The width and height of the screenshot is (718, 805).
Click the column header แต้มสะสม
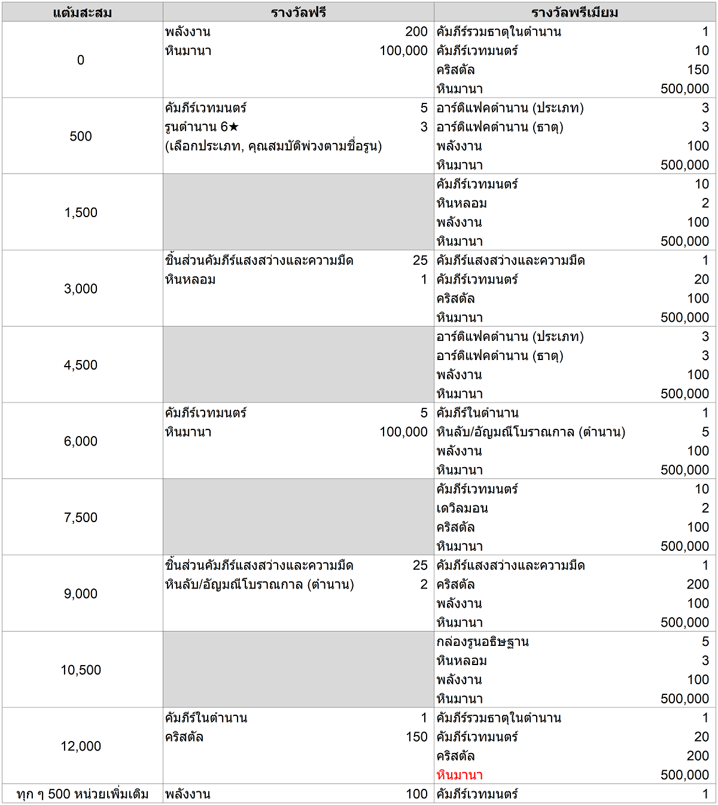coord(82,13)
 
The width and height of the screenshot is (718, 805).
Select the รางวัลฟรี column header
coord(298,13)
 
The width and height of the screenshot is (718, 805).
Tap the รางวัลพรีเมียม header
coord(574,13)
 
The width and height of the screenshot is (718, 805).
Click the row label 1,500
coord(81,212)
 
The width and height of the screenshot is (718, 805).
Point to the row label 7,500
coord(81,517)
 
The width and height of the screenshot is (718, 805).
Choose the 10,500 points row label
coord(81,670)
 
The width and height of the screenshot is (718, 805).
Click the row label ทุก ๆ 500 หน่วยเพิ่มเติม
coord(83,794)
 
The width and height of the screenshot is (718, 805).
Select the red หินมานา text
coord(460,775)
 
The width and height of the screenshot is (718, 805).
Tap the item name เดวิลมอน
coord(462,508)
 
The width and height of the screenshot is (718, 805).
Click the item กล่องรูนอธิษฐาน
coord(482,642)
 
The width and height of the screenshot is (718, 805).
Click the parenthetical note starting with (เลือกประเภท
coord(273,146)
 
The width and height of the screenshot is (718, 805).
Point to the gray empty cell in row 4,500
coord(298,365)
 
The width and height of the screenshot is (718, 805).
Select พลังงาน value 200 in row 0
coord(416,32)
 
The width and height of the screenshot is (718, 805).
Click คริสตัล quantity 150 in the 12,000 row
coord(416,737)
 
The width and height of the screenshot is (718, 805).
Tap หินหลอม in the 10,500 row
coord(461,661)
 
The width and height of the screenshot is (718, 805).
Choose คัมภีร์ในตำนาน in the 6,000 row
coord(477,413)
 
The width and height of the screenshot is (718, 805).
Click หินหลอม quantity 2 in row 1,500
coord(705,203)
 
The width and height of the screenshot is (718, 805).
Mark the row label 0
coord(81,60)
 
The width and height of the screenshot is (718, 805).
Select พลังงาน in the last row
coord(188,794)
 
